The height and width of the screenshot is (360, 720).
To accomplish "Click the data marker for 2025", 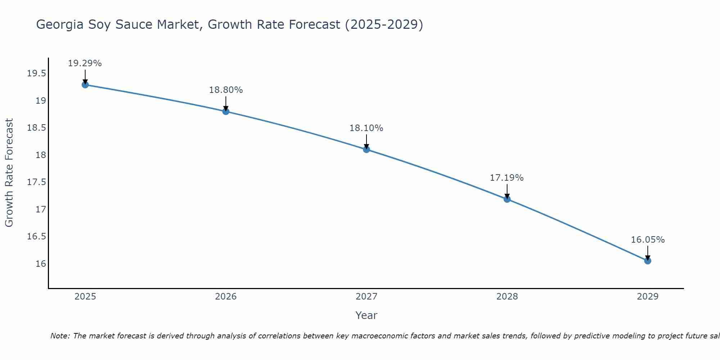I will [85, 85].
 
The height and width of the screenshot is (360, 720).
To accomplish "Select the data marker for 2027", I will [366, 149].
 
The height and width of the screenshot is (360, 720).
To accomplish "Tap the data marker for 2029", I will [648, 261].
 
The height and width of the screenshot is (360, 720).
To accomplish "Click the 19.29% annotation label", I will [85, 63].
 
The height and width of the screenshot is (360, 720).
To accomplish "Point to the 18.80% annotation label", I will [226, 90].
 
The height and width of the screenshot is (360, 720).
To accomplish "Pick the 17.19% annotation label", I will [507, 178].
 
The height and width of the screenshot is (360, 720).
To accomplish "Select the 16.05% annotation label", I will [648, 240].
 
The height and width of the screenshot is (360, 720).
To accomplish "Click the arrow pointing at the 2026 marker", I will [226, 104].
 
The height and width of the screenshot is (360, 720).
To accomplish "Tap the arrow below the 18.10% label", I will [366, 141].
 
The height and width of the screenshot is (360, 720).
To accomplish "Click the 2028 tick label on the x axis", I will [507, 297].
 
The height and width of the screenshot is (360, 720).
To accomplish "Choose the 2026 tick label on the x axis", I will [226, 297].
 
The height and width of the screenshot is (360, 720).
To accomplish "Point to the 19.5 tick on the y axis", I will [36, 74].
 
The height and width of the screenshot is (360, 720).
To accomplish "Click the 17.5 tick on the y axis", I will [36, 182].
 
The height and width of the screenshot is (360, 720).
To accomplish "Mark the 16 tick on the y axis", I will [41, 264].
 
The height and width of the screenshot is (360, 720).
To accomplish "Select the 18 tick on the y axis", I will [41, 155].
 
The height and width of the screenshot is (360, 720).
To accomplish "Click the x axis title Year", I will [366, 315].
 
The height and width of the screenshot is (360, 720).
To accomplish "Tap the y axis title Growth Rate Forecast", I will [9, 173].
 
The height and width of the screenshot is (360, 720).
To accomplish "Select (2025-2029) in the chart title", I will [384, 25].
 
